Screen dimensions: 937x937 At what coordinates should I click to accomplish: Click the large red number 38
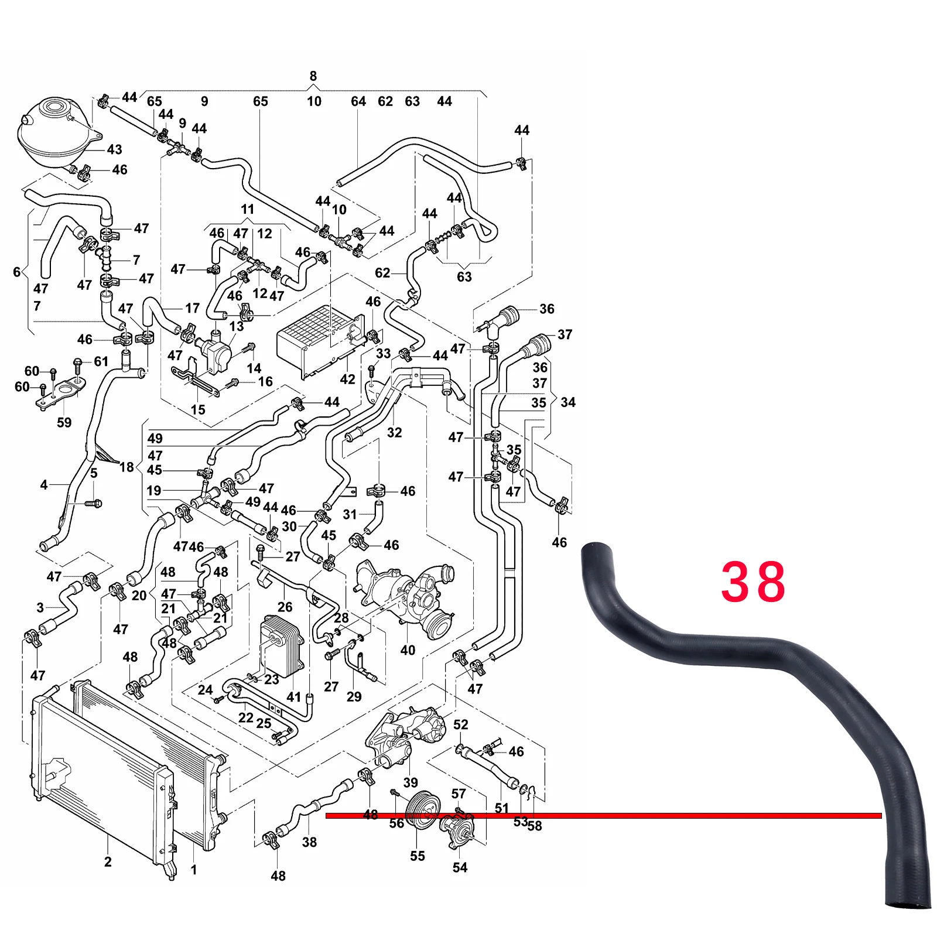point(753,582)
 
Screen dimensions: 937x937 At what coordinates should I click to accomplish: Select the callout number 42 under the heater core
point(347,379)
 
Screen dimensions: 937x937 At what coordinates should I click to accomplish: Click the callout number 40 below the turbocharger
point(408,650)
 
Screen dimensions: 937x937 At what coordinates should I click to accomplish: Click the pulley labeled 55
point(423,811)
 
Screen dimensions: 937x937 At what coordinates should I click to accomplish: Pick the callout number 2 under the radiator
point(108,861)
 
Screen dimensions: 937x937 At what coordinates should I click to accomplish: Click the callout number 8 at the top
point(313,76)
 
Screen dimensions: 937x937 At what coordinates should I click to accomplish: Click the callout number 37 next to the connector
point(565,334)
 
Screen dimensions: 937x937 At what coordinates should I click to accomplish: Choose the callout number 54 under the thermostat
point(460,867)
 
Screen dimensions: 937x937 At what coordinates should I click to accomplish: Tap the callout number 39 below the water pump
point(411,782)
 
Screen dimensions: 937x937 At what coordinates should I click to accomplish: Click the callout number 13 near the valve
point(236,326)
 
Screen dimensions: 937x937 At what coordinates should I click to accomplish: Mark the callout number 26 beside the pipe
point(285,607)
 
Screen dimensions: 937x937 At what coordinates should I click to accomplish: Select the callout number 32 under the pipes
point(394,432)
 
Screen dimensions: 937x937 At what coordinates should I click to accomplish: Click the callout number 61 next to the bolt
point(101,361)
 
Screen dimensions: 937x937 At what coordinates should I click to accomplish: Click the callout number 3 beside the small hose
point(40,607)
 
